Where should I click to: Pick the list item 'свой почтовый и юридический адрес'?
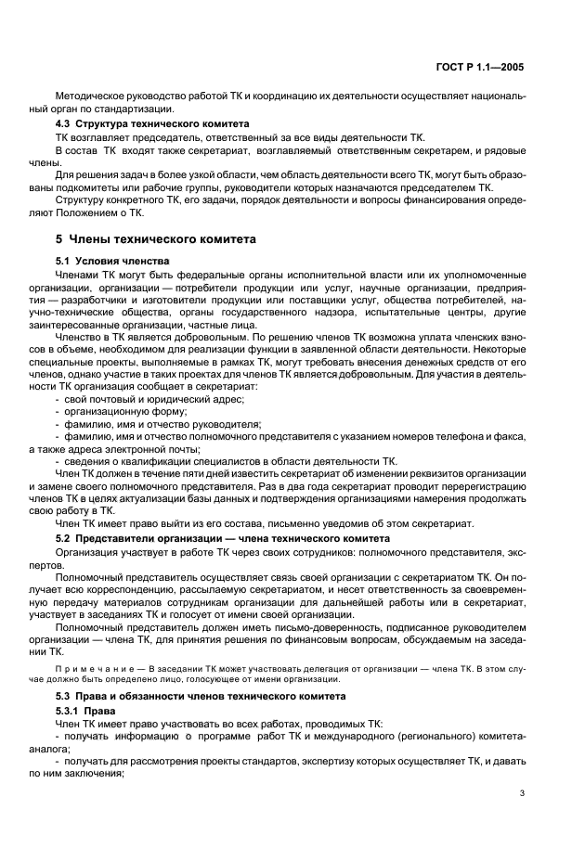click(149, 398)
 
